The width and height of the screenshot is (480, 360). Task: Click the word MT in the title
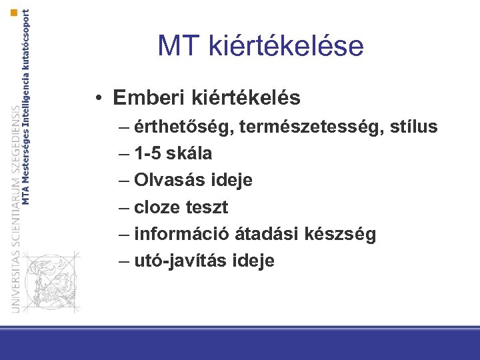(179, 46)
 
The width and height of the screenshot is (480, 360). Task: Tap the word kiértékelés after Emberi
(245, 99)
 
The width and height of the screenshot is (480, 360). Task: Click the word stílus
(412, 127)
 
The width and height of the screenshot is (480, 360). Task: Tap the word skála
(190, 153)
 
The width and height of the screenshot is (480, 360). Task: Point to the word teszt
(205, 207)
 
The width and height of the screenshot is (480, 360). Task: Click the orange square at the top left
(14, 12)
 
